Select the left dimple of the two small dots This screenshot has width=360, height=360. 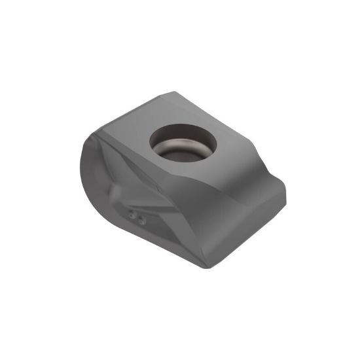(x=132, y=215)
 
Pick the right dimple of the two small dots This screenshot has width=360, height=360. (x=140, y=221)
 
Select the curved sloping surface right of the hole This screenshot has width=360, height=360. (x=252, y=164)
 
